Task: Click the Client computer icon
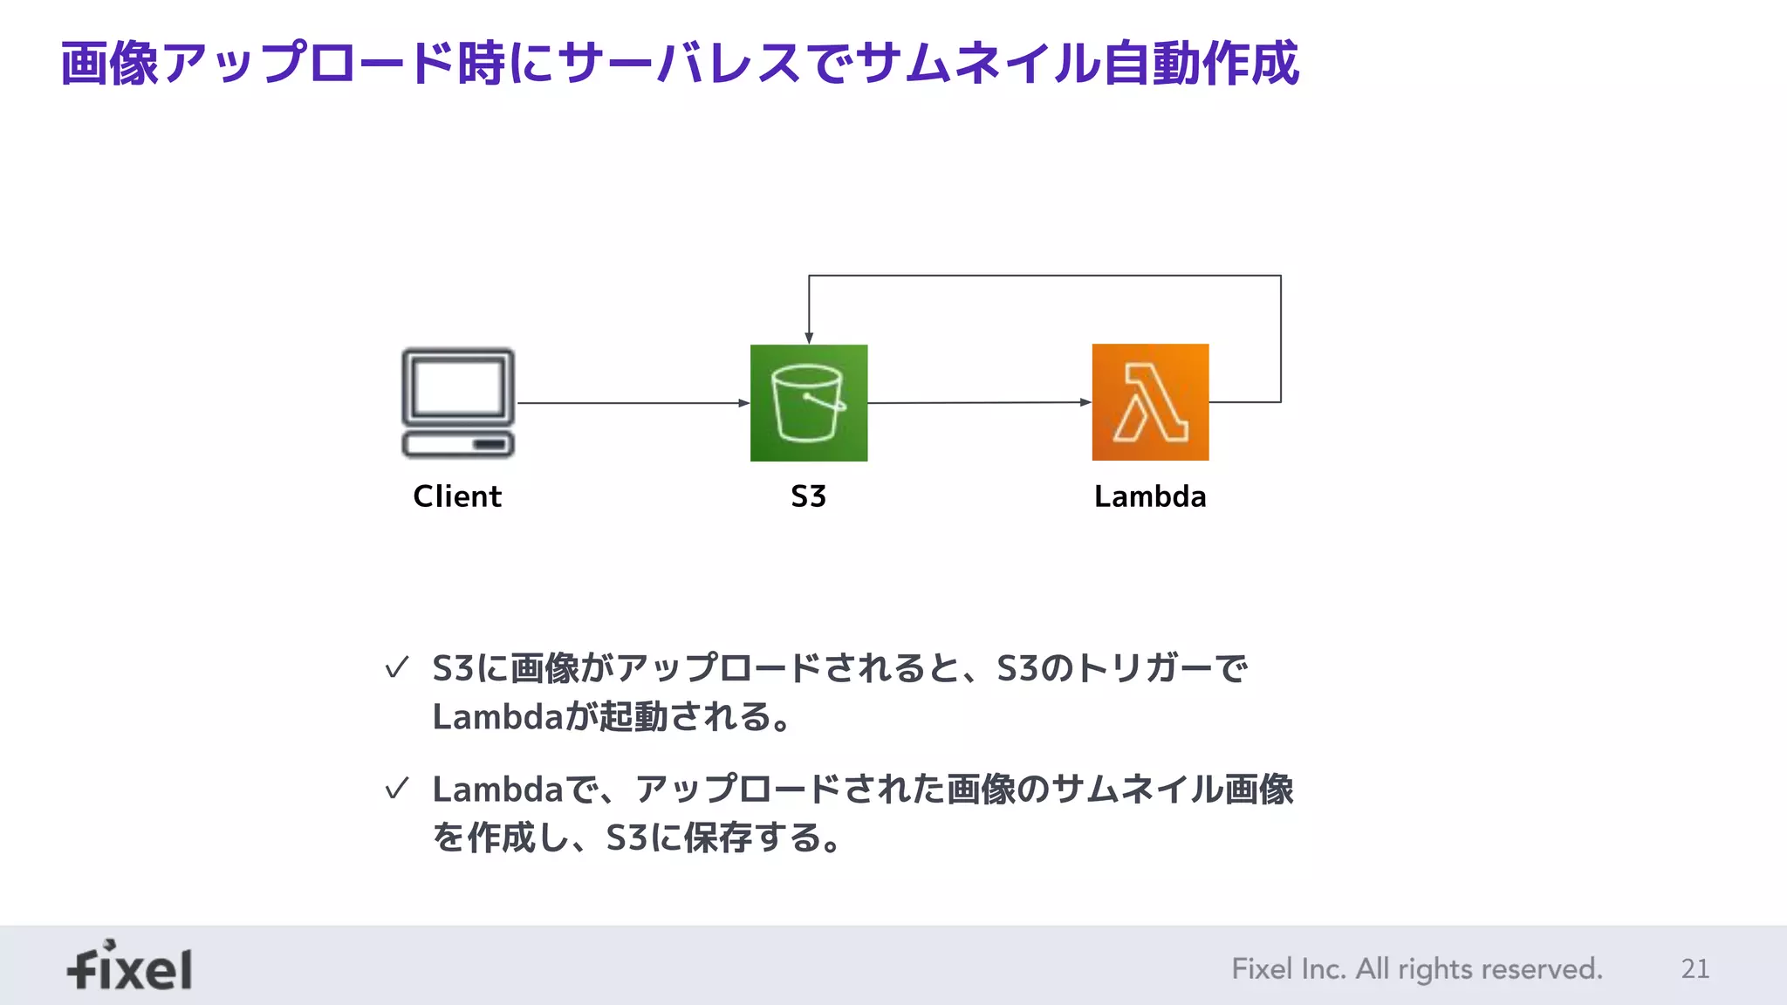point(458,403)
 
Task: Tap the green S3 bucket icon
point(809,403)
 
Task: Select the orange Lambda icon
point(1150,402)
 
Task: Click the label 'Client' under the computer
point(457,496)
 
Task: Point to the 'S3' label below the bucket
point(808,496)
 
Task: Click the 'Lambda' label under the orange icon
point(1150,496)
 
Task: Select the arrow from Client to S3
point(633,403)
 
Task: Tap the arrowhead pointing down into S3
point(809,338)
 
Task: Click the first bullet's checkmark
point(397,668)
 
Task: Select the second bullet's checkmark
point(397,789)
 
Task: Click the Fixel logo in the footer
point(130,966)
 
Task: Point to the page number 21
point(1695,968)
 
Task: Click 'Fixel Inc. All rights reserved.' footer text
point(1417,968)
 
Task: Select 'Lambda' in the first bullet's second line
point(497,717)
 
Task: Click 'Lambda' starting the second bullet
point(497,790)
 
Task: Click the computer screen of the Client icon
point(458,386)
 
